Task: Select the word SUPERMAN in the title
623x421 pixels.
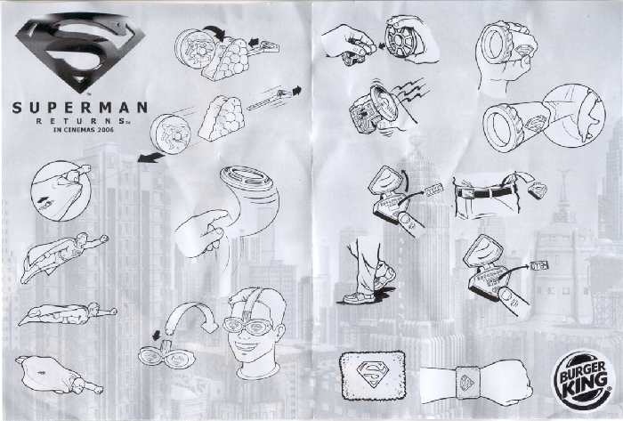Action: click(x=80, y=108)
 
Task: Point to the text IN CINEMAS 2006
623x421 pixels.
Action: click(x=84, y=129)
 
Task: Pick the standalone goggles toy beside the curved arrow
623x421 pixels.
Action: click(x=167, y=356)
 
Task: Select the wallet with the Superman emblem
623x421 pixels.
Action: click(x=372, y=376)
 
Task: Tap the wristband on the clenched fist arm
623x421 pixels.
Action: click(x=467, y=383)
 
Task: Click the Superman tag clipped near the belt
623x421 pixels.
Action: click(x=538, y=190)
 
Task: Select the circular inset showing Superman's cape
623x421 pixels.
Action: click(x=61, y=191)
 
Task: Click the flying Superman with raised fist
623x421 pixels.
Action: click(x=63, y=257)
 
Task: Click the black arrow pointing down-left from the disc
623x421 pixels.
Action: click(x=150, y=158)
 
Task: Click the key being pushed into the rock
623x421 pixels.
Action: click(x=264, y=47)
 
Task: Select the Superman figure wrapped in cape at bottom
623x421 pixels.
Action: click(x=59, y=375)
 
